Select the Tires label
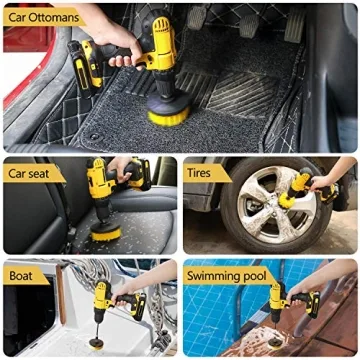click(x=205, y=173)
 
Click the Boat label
click(x=22, y=274)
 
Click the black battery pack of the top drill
click(x=90, y=70)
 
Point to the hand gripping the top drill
click(x=118, y=38)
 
